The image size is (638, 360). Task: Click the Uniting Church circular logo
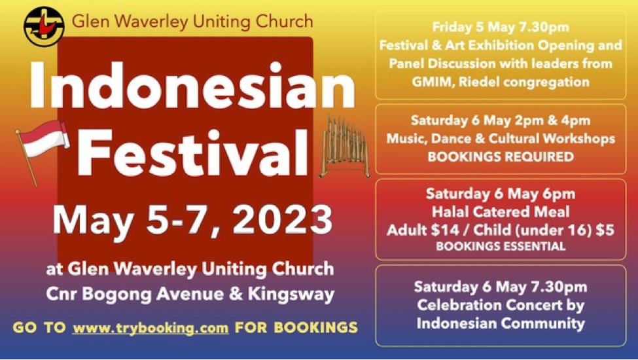pos(44,27)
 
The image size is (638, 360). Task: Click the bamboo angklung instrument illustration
pos(344,147)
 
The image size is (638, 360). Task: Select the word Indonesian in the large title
pos(192,86)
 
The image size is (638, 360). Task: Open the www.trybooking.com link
pos(151,328)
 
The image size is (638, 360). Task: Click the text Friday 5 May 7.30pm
pos(501,27)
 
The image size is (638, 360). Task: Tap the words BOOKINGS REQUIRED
pos(501,156)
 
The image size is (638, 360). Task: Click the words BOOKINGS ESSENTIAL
pos(501,246)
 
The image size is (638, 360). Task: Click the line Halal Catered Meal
pos(501,212)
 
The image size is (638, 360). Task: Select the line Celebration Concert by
pos(501,306)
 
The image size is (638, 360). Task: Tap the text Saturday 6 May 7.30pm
pos(501,287)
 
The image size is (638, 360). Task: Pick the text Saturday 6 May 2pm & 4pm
pos(501,120)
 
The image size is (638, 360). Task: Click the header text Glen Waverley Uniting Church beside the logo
pos(192,21)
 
